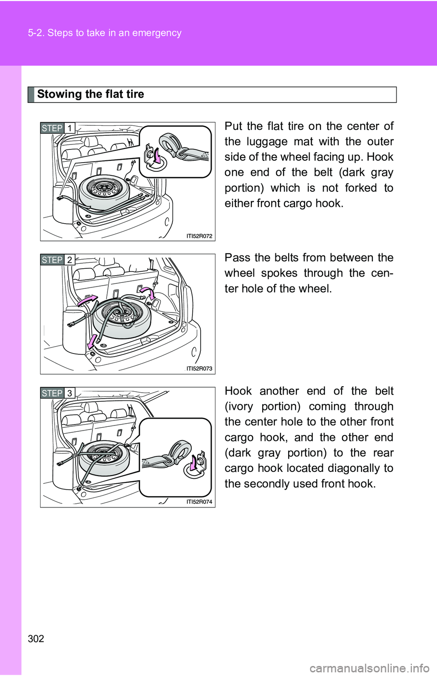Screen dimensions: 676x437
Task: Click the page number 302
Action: click(36, 639)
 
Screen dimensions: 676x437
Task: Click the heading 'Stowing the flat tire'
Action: click(91, 94)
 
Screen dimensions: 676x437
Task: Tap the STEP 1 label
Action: click(57, 128)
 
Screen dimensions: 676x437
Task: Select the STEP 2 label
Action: click(57, 260)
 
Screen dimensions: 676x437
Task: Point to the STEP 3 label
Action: click(57, 393)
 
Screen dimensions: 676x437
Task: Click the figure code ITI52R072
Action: click(199, 236)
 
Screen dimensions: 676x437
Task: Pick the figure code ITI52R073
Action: click(199, 369)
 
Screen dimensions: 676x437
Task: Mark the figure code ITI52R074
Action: click(199, 502)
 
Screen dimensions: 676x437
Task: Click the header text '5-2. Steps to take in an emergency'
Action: click(105, 33)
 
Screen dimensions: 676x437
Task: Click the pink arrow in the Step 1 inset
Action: click(156, 156)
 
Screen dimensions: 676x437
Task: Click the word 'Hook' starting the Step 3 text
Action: click(238, 391)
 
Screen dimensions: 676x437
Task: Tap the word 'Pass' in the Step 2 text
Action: click(237, 258)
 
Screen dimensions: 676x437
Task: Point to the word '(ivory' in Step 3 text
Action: click(239, 406)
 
